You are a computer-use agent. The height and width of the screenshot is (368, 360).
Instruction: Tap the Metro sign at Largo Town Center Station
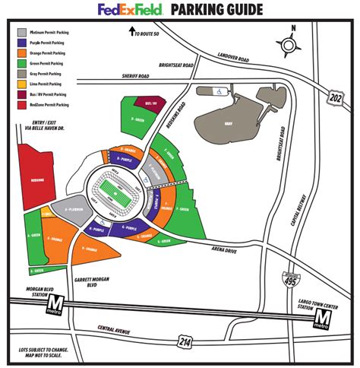323,319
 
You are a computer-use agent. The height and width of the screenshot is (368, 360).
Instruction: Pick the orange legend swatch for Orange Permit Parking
23,53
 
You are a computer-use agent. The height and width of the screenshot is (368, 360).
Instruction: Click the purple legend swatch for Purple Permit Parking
23,43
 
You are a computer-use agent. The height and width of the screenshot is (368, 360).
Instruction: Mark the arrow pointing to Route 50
132,32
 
